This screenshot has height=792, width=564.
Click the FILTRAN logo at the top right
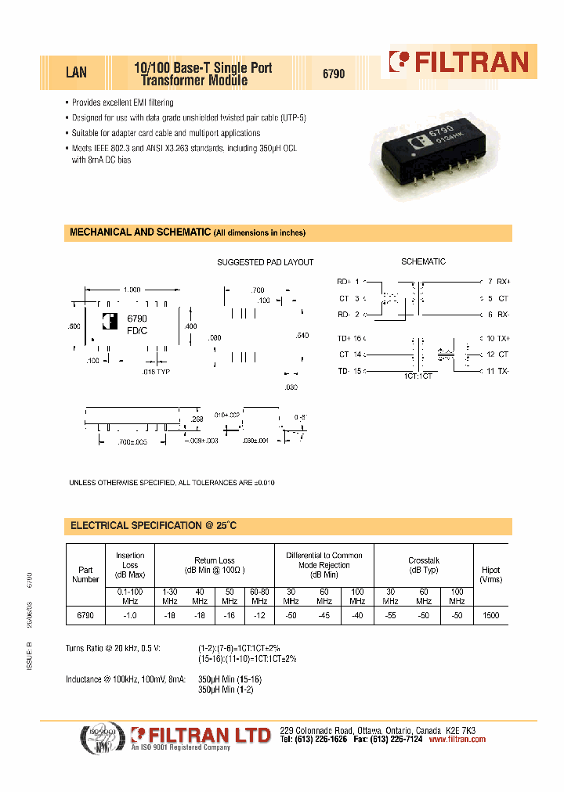click(460, 63)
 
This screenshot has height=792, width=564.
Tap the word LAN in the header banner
click(76, 73)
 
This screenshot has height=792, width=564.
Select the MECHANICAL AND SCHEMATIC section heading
click(139, 232)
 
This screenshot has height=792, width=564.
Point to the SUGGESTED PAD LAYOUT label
click(265, 262)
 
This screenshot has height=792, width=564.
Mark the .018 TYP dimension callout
click(155, 372)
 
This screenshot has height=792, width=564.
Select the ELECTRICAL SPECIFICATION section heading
click(154, 526)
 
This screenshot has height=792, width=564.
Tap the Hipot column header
click(491, 574)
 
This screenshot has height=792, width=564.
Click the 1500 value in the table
click(490, 616)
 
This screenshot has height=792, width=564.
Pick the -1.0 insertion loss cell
click(130, 616)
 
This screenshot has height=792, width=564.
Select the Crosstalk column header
click(424, 564)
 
